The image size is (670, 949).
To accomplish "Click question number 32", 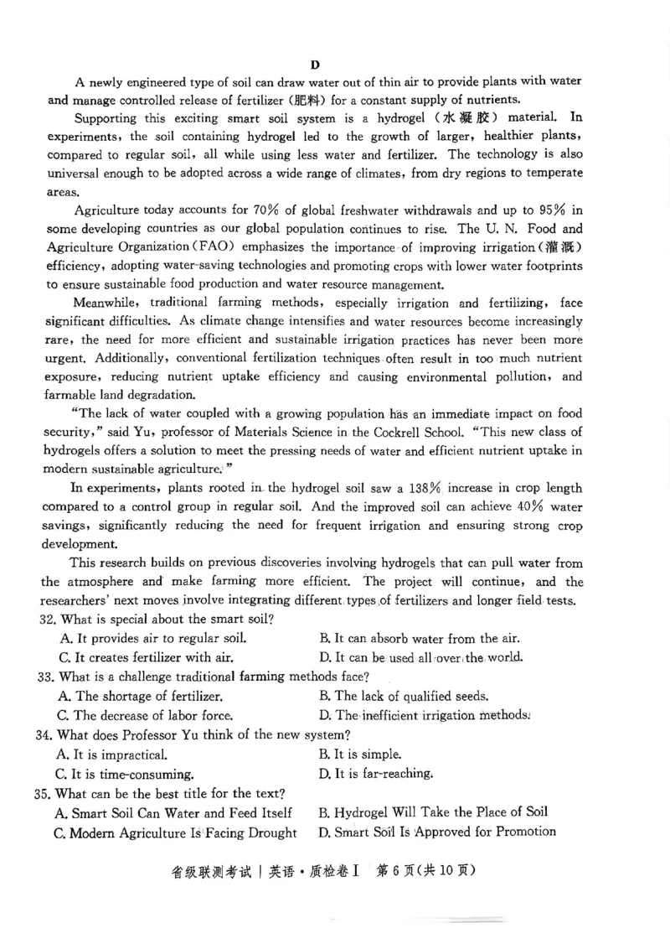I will point(46,620).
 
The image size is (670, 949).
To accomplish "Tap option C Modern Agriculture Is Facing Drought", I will point(175,832).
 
